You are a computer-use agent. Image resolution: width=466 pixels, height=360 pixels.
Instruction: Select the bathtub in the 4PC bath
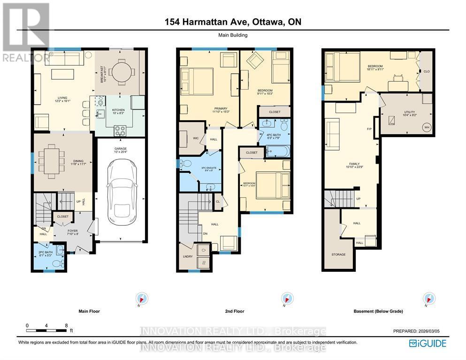pos(278,151)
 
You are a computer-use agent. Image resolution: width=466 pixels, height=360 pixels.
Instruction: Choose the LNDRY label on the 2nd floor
pos(187,256)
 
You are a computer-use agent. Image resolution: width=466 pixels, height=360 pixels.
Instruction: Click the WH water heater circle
pos(427,127)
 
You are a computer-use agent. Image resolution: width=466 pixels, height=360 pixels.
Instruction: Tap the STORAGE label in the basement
pos(339,254)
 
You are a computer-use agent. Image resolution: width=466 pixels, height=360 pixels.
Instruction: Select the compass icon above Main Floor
pos(142,299)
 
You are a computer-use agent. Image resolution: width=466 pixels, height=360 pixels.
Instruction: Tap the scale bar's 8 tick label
pos(67,325)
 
